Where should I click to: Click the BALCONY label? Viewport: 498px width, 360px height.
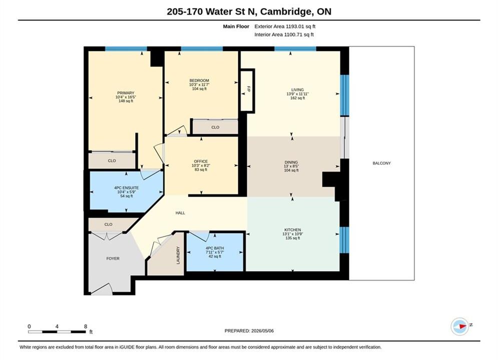coord(381,163)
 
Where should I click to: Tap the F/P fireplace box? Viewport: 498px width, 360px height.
coord(247,90)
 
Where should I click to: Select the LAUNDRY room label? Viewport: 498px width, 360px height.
coord(178,255)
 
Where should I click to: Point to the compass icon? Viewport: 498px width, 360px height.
coord(459,326)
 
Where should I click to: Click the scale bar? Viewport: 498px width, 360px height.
coord(57,332)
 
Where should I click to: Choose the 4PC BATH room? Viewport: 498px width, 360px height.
coord(215,252)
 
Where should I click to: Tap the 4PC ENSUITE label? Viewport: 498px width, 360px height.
coord(127,188)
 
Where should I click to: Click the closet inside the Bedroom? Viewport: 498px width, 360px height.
coord(215,127)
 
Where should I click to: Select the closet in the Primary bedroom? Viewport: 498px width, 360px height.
coord(112,160)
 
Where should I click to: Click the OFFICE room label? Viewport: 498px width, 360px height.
coord(201,161)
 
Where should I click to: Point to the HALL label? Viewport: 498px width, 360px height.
coord(180,213)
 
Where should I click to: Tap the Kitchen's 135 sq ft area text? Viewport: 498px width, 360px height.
coord(292,238)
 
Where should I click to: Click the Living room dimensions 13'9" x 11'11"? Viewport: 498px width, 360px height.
coord(298,94)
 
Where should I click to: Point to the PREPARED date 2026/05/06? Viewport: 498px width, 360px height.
coord(262,331)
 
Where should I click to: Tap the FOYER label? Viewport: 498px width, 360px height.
coord(113,258)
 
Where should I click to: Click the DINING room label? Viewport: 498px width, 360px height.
coord(291,162)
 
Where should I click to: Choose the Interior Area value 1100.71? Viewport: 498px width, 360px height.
coord(292,34)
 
